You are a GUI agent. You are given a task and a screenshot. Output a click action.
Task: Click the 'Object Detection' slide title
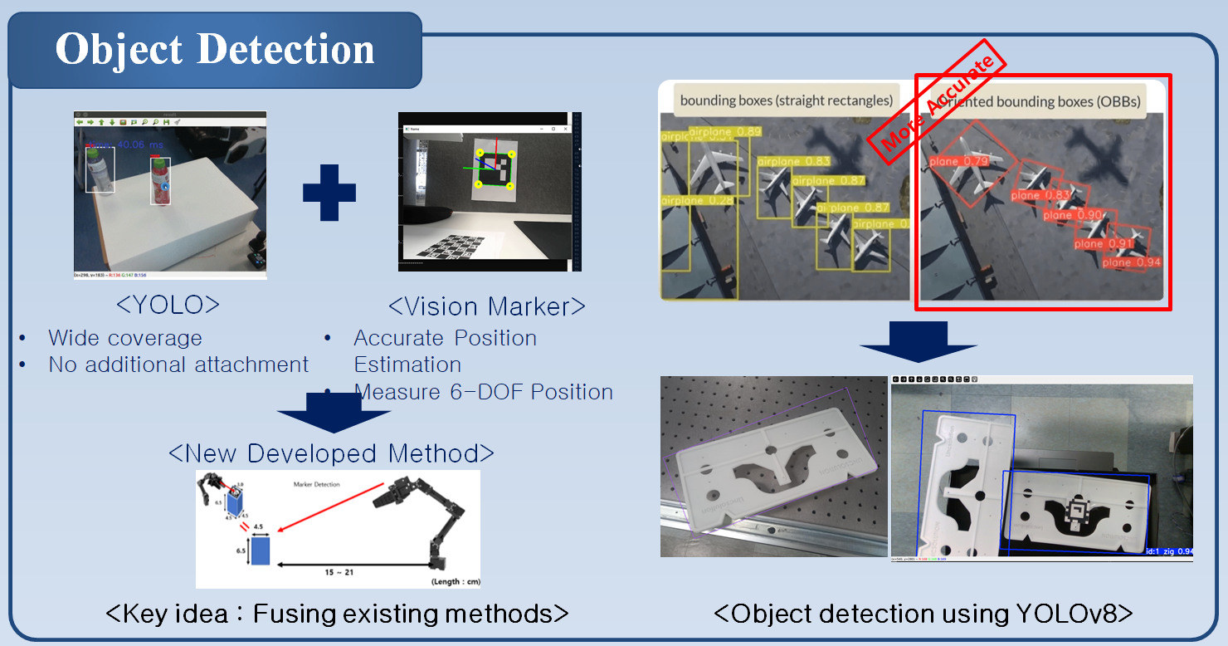click(214, 50)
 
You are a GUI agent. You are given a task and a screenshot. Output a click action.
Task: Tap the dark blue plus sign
click(329, 192)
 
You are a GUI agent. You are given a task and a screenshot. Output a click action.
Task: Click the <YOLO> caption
click(168, 305)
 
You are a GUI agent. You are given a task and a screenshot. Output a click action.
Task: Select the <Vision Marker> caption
click(487, 306)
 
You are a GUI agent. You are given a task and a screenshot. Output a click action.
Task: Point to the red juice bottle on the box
click(160, 181)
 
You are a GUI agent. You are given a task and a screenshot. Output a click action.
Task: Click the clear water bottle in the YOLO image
click(100, 173)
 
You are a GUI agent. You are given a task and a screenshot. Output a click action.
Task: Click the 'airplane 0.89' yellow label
click(724, 132)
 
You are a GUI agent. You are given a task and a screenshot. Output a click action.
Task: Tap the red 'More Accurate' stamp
click(937, 98)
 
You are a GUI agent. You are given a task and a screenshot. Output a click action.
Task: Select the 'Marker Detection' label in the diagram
click(316, 484)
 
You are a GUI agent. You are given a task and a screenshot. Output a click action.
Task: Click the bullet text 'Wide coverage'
click(124, 338)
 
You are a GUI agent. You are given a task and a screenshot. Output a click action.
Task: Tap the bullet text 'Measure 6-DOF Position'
click(483, 392)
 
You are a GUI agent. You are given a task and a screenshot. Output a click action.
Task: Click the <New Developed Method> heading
click(331, 453)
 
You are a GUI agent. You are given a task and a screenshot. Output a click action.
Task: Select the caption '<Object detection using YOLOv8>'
click(923, 614)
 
